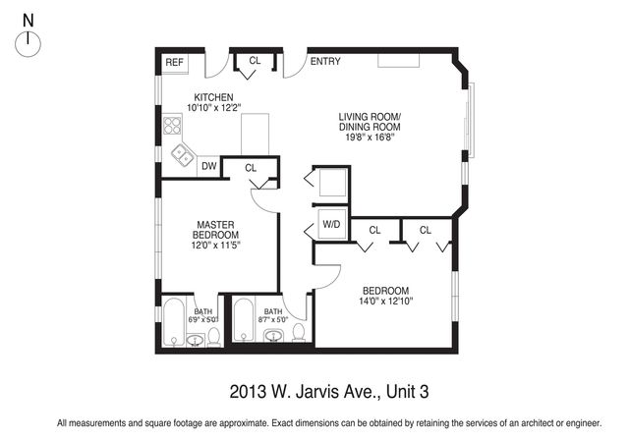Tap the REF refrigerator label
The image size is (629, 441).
tap(174, 62)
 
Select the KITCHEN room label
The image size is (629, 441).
tap(212, 96)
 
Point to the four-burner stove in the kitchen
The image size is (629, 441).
tap(173, 125)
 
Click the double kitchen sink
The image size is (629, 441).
tap(183, 153)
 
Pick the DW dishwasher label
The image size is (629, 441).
tap(208, 167)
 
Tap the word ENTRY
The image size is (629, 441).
tap(325, 62)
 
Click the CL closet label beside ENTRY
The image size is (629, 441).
tap(255, 61)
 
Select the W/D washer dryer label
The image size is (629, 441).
tap(331, 225)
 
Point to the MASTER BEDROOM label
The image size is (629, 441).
tap(215, 230)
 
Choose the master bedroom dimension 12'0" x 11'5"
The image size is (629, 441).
tap(215, 246)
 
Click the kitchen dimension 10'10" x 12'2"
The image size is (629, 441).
tap(213, 107)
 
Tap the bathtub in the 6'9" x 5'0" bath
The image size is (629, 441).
tap(175, 321)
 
